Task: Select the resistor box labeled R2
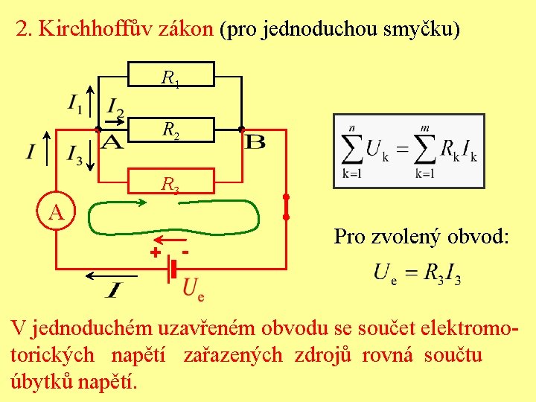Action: tap(172, 130)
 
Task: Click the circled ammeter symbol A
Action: tap(56, 213)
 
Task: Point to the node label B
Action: tap(255, 141)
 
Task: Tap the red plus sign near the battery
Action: tap(155, 253)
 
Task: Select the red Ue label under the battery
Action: tap(193, 288)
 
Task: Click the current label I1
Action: tap(75, 102)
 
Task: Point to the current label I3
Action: tap(75, 153)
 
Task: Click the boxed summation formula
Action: tap(409, 151)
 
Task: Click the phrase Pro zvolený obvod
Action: tap(421, 237)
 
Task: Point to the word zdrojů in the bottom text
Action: tap(323, 355)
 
